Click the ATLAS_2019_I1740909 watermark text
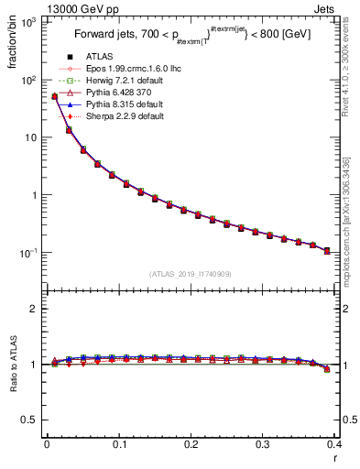click(191, 274)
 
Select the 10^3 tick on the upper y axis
click(30, 22)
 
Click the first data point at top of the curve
click(54, 95)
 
